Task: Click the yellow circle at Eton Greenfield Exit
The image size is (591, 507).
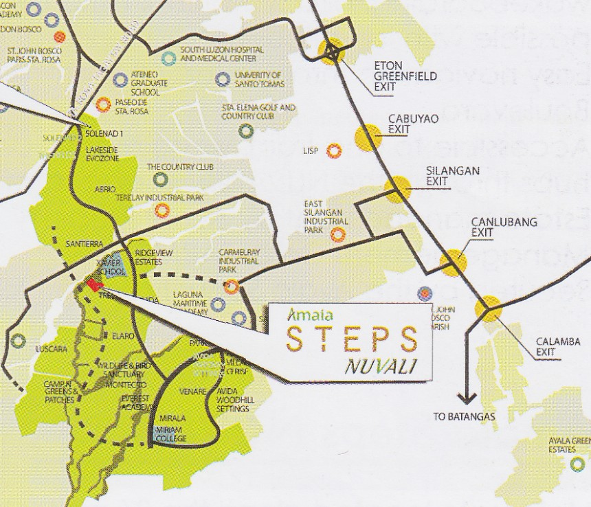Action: click(x=333, y=50)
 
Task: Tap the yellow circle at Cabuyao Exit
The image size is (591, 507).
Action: click(x=368, y=137)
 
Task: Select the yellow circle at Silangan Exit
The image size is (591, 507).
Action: click(x=397, y=189)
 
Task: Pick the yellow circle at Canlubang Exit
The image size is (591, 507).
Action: click(x=454, y=262)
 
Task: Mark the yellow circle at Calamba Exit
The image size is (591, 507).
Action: click(x=489, y=308)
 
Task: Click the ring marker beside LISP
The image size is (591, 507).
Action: click(x=334, y=150)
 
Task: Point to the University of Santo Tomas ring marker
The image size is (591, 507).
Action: click(x=222, y=79)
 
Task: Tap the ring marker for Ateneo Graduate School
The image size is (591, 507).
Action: click(x=120, y=80)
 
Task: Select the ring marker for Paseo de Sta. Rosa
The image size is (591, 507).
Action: click(x=103, y=104)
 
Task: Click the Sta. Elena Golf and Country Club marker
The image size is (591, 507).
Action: click(x=245, y=130)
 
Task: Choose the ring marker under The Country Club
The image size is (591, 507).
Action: click(x=160, y=179)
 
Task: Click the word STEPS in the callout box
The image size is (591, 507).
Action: click(x=351, y=339)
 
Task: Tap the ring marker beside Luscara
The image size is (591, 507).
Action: click(x=18, y=341)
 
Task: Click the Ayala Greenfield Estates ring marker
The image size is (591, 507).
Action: click(x=577, y=465)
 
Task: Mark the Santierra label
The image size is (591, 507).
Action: click(x=85, y=244)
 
